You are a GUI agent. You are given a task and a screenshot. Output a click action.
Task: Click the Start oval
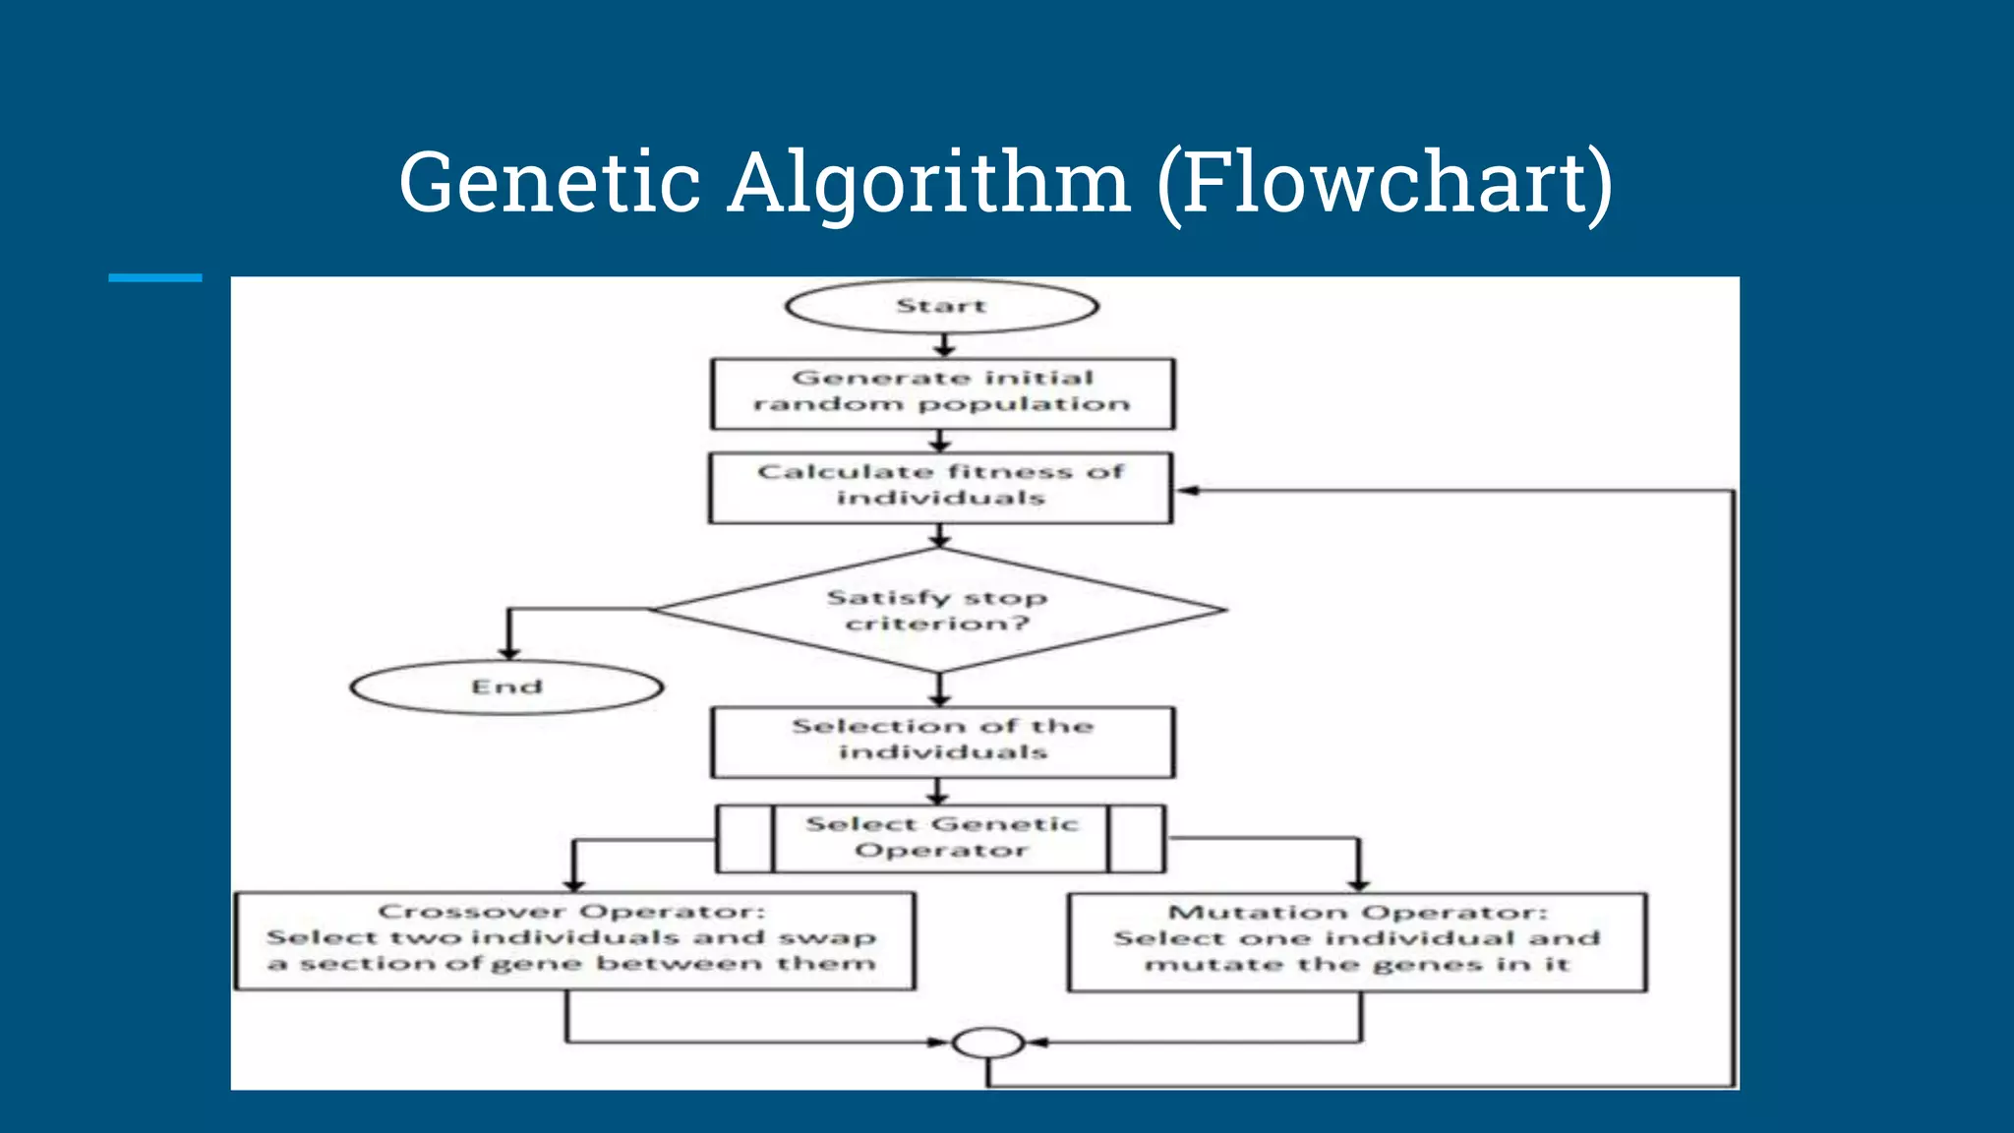[x=941, y=306]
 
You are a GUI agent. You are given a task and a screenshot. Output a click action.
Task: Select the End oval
[x=506, y=686]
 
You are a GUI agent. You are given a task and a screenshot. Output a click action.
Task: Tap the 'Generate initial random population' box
[x=942, y=392]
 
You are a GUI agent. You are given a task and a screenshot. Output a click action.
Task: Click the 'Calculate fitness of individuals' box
[x=940, y=487]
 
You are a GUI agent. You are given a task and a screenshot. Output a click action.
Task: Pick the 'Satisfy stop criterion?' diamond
[x=938, y=610]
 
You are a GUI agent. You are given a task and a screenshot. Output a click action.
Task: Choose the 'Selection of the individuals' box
[x=942, y=741]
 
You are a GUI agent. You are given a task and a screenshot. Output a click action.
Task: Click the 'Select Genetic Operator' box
[x=941, y=838]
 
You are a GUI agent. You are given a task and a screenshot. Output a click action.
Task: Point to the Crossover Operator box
[x=574, y=940]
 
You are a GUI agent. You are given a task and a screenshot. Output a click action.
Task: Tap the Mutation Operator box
[x=1357, y=941]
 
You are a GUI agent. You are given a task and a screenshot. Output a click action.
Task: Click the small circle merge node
[x=988, y=1042]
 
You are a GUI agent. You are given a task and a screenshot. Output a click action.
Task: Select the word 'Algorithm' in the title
[x=928, y=185]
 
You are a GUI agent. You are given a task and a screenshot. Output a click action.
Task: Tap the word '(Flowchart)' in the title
[x=1385, y=183]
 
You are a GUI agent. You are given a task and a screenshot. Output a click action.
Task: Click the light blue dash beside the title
[x=154, y=278]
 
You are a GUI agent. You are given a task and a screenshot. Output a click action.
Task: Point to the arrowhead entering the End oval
[x=508, y=652]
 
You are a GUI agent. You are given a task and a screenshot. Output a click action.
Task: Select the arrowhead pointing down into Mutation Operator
[x=1358, y=884]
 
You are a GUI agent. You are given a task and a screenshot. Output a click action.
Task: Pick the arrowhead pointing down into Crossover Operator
[x=574, y=884]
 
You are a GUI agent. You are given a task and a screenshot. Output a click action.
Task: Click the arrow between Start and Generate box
[x=943, y=346]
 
